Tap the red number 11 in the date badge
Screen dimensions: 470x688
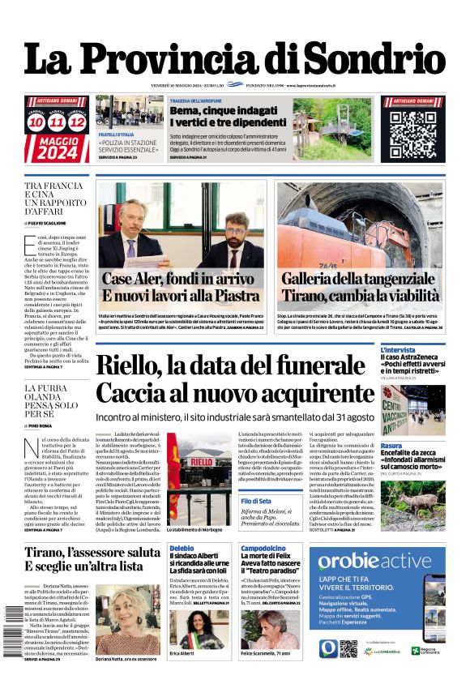tap(57, 122)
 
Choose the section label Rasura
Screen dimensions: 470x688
tap(391, 446)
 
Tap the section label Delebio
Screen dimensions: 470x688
tap(183, 549)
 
